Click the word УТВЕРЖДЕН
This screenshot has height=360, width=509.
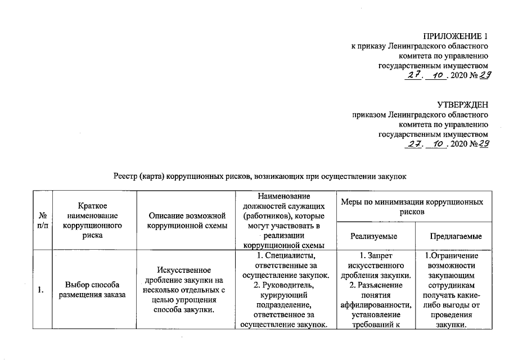point(462,105)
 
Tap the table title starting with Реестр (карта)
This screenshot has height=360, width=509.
point(259,176)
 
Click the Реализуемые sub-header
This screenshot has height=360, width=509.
point(374,237)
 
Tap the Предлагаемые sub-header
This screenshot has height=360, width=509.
point(455,237)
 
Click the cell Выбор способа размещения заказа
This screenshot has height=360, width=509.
point(93,290)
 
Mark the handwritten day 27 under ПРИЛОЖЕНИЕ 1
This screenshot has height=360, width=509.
point(413,76)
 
